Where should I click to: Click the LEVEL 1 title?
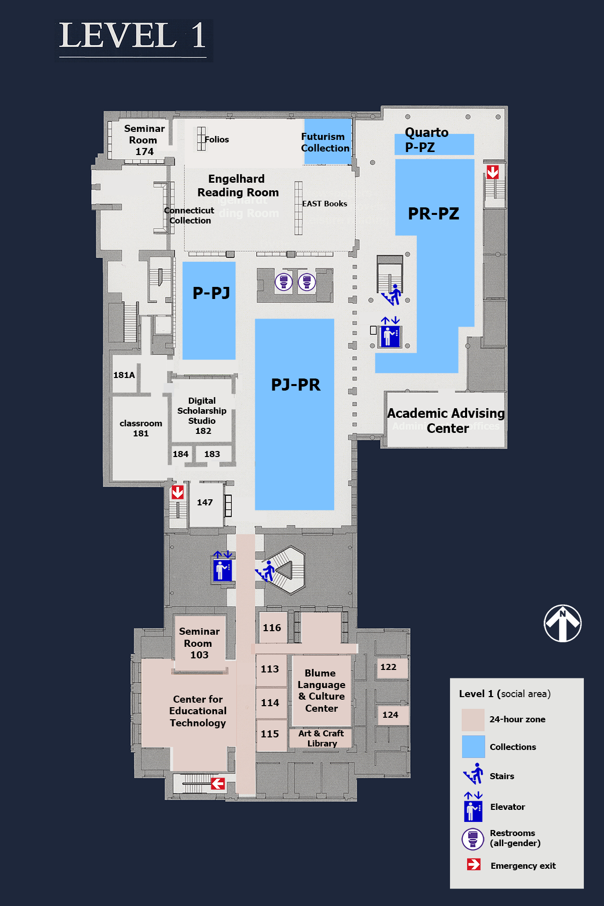pos(133,36)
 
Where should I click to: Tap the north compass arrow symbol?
pos(563,623)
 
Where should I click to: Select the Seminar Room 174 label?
pos(144,140)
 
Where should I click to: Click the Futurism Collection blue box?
pos(327,142)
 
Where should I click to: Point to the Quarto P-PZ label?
pos(427,140)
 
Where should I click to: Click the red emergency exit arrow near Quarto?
pos(493,172)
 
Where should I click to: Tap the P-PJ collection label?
pos(211,293)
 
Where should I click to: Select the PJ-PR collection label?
pos(295,385)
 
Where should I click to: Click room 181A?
pos(124,375)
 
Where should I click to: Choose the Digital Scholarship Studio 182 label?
pos(202,415)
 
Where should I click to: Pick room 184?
pos(180,454)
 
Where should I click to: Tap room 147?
pos(205,502)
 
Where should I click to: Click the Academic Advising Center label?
pos(446,420)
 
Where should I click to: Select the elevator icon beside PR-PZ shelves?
pos(390,336)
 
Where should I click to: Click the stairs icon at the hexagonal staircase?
pos(266,572)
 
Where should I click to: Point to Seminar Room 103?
pos(199,643)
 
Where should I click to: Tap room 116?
pos(272,628)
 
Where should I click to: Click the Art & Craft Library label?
pos(321,738)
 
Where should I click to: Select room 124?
pos(390,715)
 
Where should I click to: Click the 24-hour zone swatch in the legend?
pos(473,720)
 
